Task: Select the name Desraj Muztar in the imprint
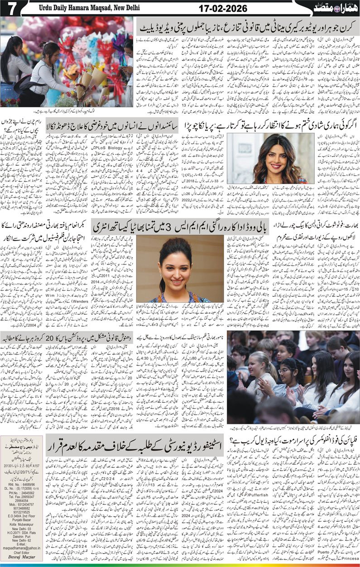[19, 559]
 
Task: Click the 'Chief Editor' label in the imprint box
[19, 553]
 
